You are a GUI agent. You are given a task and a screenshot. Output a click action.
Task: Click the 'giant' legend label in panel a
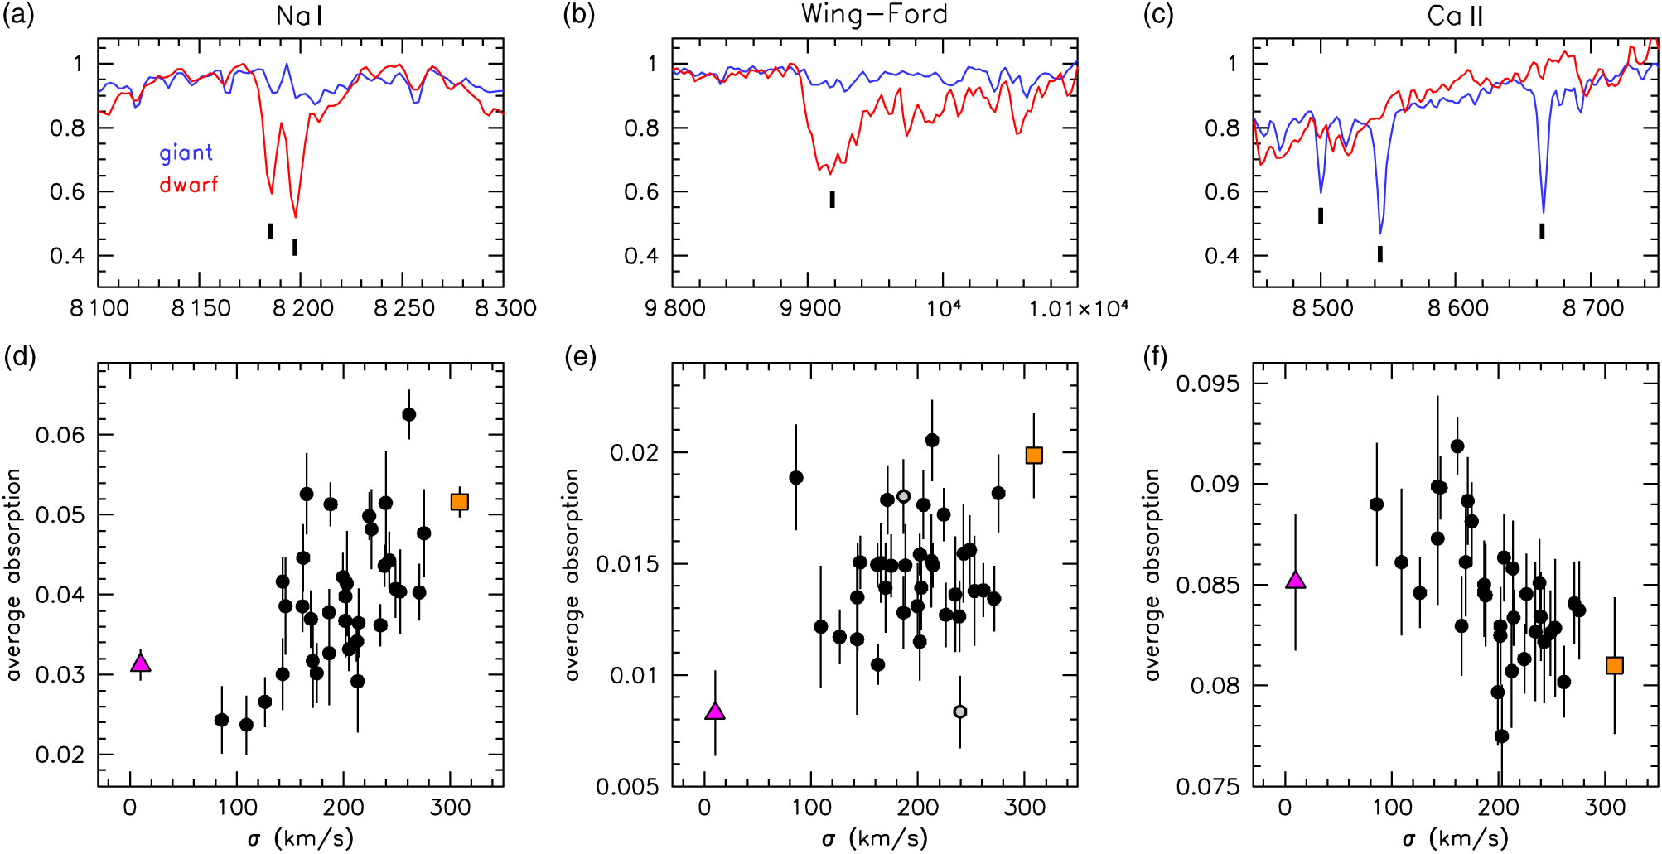pyautogui.click(x=186, y=153)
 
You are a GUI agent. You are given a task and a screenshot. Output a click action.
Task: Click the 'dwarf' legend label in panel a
pyautogui.click(x=188, y=185)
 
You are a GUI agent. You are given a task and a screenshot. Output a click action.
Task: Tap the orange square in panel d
pyautogui.click(x=460, y=502)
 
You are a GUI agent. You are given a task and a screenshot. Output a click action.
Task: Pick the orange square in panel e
pyautogui.click(x=1034, y=456)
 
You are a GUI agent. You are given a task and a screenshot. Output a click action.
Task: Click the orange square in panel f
pyautogui.click(x=1614, y=666)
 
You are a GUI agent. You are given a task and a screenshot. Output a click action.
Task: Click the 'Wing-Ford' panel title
pyautogui.click(x=874, y=14)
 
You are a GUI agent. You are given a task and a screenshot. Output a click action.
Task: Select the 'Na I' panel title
pyautogui.click(x=299, y=16)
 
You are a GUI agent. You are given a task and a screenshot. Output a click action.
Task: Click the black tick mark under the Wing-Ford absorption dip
pyautogui.click(x=833, y=200)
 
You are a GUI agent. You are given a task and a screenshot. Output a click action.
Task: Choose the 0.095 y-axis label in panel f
pyautogui.click(x=1210, y=384)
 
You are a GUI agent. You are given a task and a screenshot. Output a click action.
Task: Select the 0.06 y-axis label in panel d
pyautogui.click(x=60, y=436)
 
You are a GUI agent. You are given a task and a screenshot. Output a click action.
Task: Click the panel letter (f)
pyautogui.click(x=1156, y=358)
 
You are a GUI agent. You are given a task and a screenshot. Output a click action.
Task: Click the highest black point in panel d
pyautogui.click(x=408, y=415)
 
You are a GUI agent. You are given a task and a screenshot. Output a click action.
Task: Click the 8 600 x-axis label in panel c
pyautogui.click(x=1457, y=309)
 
